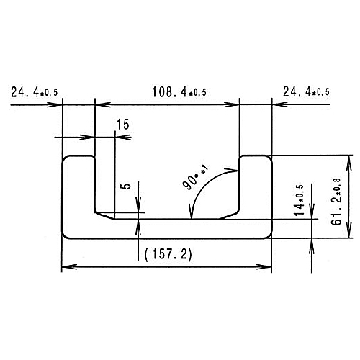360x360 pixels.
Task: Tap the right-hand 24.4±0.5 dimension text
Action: coord(306,92)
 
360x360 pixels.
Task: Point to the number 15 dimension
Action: coord(122,125)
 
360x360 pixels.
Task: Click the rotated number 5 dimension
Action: coord(127,186)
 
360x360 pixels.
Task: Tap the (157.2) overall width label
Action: coord(167,254)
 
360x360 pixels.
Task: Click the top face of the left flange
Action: coord(78,156)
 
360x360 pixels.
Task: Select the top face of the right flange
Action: coord(256,156)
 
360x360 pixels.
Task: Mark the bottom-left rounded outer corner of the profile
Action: coord(66,236)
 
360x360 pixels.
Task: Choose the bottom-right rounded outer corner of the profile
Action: coord(269,236)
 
